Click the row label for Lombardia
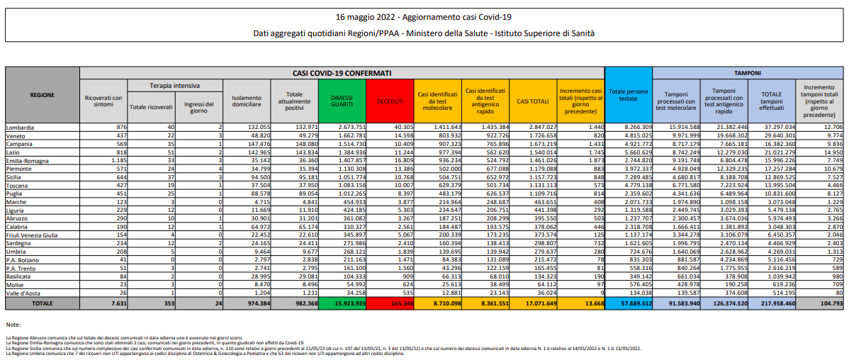21,127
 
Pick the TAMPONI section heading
747,72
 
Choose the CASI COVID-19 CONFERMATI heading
342,72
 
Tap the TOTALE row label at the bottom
42,303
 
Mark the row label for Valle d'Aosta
24,292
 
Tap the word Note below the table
13,324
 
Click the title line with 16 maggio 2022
424,16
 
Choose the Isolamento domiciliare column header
246,101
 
